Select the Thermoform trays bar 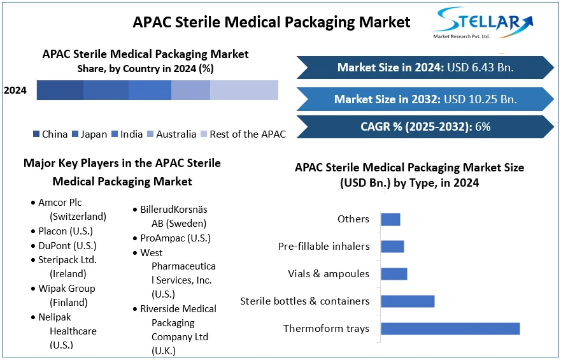[450, 329]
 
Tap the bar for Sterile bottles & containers [408, 301]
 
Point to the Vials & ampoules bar [394, 274]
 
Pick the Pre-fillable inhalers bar [392, 247]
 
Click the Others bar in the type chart [390, 219]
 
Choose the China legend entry [50, 134]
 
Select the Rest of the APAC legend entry [243, 134]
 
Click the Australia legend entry [171, 134]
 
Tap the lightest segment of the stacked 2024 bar [244, 90]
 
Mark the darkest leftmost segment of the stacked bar [60, 90]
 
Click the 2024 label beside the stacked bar [15, 90]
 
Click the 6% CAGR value [483, 127]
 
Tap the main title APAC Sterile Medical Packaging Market [271, 22]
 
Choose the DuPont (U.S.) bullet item [67, 246]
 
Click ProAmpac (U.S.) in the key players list [175, 238]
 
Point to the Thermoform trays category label [326, 329]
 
